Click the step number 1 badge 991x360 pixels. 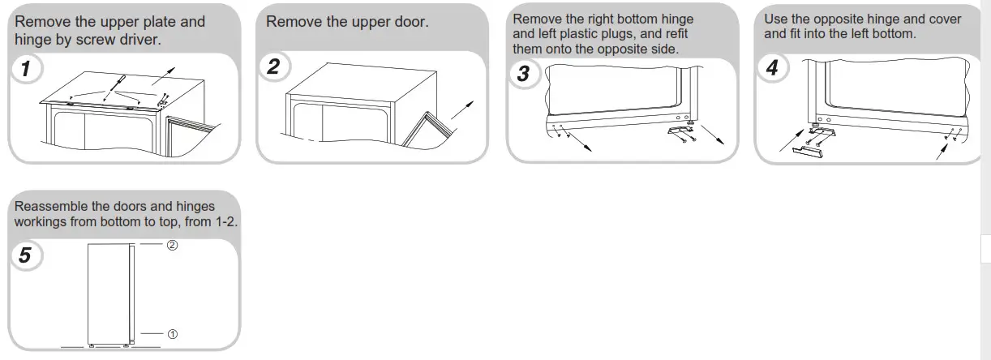(x=27, y=69)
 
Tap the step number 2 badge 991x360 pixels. (x=273, y=66)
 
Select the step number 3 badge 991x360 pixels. (x=523, y=74)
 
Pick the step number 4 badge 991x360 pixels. (x=771, y=68)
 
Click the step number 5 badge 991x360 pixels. (x=25, y=255)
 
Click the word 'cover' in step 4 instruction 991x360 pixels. (x=943, y=19)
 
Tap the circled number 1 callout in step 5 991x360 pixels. (x=172, y=334)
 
